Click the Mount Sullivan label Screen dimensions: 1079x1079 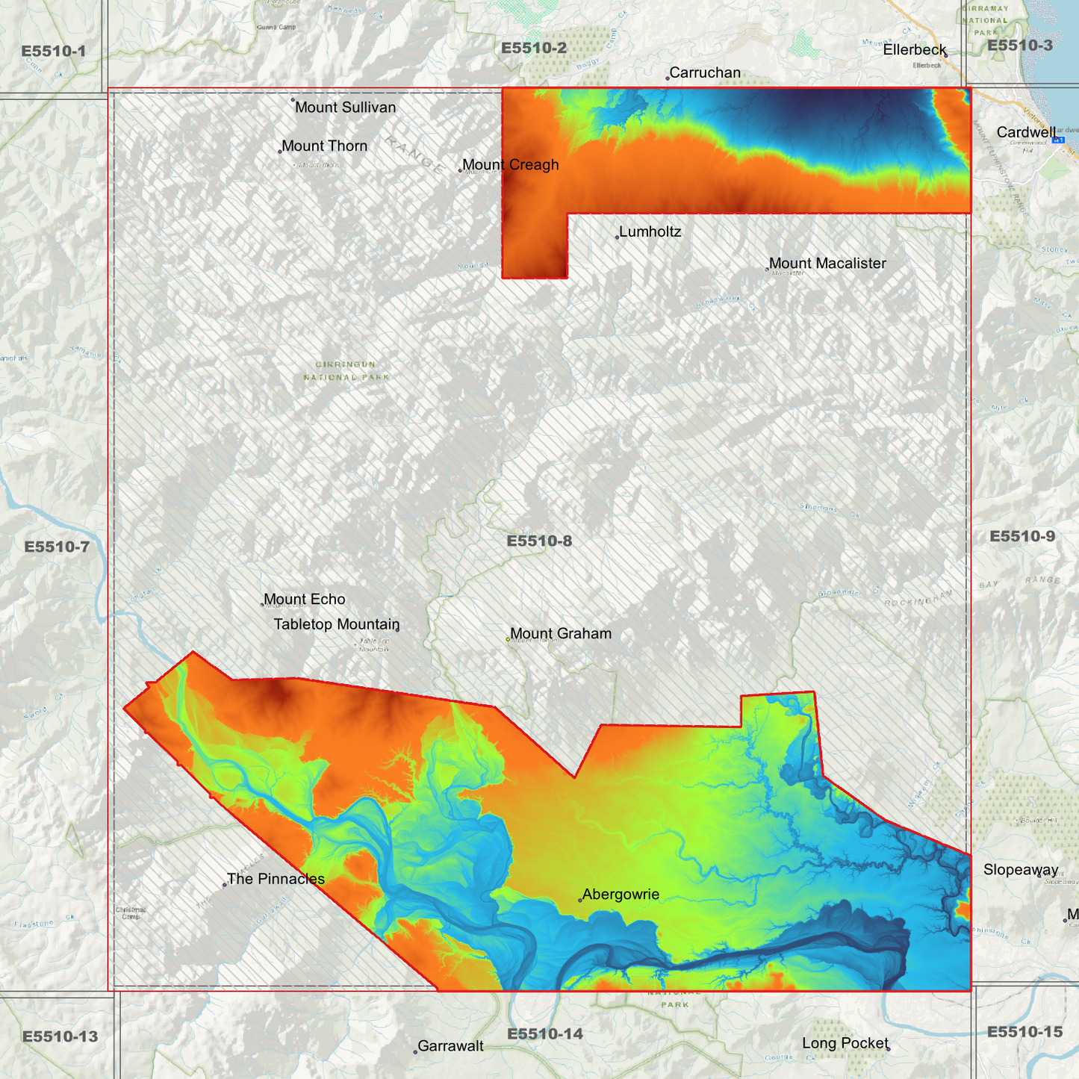[x=345, y=108]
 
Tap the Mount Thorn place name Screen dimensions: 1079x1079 [x=324, y=146]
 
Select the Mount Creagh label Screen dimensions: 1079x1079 [x=510, y=165]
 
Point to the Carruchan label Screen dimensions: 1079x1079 [x=705, y=73]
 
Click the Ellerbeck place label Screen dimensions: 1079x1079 [x=914, y=50]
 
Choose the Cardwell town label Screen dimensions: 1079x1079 [x=1026, y=133]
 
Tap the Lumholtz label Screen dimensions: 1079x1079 [x=650, y=232]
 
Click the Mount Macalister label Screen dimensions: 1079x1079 [x=827, y=264]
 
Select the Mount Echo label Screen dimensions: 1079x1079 [x=304, y=600]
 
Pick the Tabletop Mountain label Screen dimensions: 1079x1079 [x=336, y=625]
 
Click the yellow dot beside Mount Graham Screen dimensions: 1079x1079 [x=509, y=639]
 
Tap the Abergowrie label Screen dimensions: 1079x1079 [x=621, y=895]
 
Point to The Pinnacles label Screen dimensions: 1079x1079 [x=276, y=880]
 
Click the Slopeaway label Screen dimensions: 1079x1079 [x=1020, y=870]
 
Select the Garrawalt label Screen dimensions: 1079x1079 [x=450, y=1046]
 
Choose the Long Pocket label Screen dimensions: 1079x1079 [x=845, y=1043]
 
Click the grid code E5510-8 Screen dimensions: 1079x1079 [x=539, y=541]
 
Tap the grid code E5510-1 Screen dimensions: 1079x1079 [x=54, y=52]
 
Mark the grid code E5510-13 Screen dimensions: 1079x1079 [x=60, y=1037]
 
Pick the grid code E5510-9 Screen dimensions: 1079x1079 [x=1022, y=537]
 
